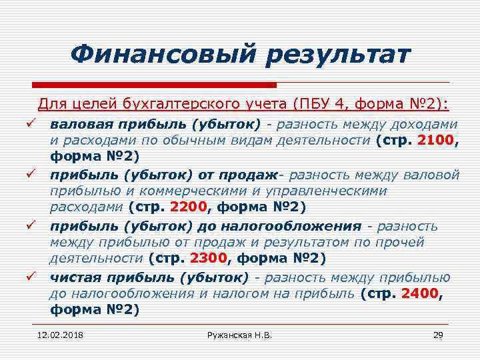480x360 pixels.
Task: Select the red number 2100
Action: (435, 140)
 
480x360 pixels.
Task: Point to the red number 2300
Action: (208, 257)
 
